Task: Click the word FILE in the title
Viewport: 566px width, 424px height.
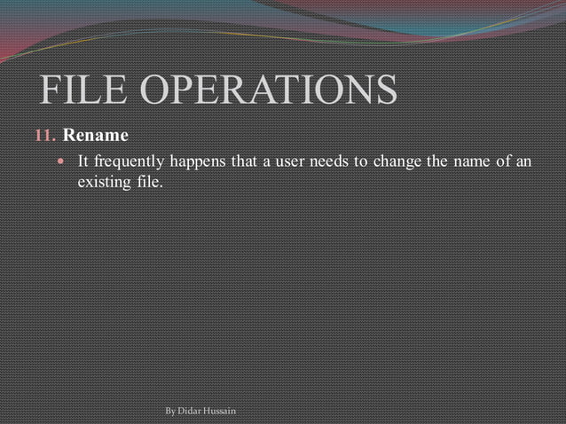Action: (80, 90)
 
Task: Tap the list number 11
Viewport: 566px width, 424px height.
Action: (45, 137)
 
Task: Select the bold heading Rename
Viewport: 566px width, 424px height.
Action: (96, 136)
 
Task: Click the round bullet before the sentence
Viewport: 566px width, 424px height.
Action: (61, 163)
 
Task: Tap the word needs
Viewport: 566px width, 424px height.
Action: (327, 163)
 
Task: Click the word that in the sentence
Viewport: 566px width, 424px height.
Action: (244, 163)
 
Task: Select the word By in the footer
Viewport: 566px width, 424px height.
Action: (171, 412)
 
